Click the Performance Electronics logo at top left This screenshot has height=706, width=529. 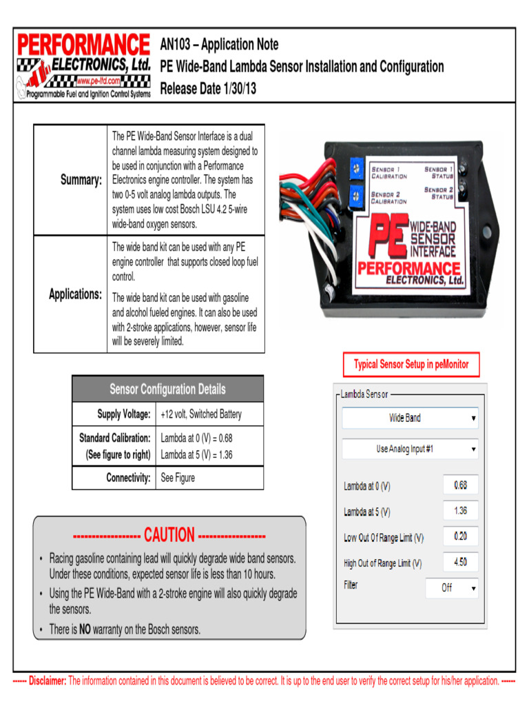[x=83, y=65]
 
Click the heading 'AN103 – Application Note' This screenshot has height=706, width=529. [x=219, y=45]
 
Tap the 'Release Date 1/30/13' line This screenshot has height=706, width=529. [x=208, y=89]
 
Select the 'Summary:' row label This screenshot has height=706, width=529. [x=81, y=180]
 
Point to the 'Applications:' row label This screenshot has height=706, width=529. [x=76, y=294]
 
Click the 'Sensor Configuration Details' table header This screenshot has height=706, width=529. [x=167, y=390]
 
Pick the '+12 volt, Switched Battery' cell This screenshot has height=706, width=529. [x=201, y=414]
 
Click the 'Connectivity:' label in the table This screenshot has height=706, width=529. [x=128, y=477]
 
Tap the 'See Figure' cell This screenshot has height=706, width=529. [x=178, y=477]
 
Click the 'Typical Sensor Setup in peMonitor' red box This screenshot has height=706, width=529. [x=411, y=365]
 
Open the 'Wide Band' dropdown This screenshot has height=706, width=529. [x=411, y=418]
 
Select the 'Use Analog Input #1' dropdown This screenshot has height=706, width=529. [x=411, y=449]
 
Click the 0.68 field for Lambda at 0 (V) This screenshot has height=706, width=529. [x=460, y=485]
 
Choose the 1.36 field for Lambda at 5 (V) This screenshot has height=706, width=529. [x=460, y=511]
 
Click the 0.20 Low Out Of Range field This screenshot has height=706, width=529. [x=460, y=536]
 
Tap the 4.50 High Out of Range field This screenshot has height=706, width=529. [x=460, y=561]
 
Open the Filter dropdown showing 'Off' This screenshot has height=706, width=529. [x=450, y=588]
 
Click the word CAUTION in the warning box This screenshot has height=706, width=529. [x=169, y=535]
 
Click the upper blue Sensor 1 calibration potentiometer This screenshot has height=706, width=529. [x=356, y=167]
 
